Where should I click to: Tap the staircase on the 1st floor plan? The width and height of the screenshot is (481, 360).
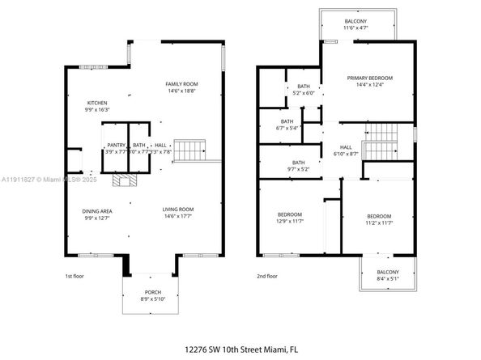coord(192,150)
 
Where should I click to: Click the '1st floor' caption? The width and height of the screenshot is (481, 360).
coord(74,277)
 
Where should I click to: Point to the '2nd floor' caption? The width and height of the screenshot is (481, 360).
coord(266,277)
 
